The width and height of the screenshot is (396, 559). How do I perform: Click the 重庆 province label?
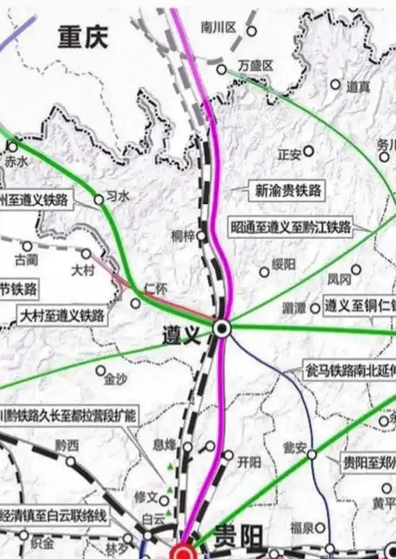tap(83, 37)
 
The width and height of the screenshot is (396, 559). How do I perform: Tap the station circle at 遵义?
tap(222, 328)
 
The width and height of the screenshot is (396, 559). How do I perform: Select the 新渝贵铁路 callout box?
tap(288, 190)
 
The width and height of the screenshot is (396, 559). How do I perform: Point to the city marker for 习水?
tap(99, 200)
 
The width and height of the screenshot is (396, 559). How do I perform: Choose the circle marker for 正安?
tap(308, 151)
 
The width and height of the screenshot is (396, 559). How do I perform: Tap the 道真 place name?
tap(358, 87)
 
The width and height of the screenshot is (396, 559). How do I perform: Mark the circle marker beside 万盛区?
tap(221, 69)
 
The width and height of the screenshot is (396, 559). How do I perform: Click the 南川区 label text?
tap(218, 28)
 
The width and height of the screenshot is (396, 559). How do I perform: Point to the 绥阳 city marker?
tap(264, 272)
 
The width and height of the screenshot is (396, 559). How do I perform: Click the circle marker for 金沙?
tap(100, 370)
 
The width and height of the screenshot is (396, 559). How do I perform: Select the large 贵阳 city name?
tap(238, 537)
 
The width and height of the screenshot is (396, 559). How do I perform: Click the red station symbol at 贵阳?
tap(184, 553)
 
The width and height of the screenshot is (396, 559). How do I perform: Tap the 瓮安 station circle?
tap(312, 454)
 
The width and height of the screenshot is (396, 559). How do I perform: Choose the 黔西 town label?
tap(67, 446)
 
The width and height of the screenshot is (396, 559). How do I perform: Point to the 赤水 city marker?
tap(13, 147)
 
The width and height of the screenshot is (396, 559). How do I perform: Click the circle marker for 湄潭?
tap(315, 308)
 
